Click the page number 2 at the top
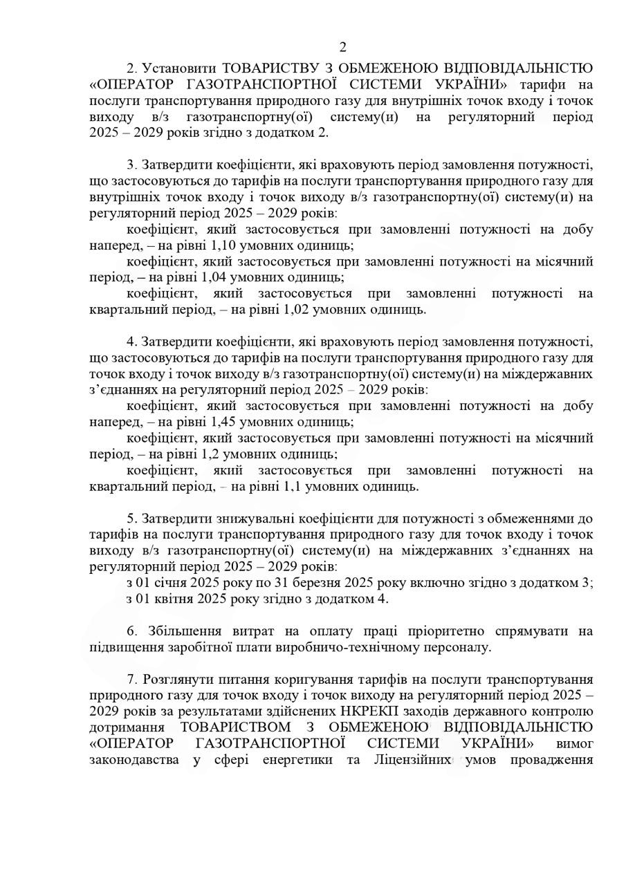pyautogui.click(x=343, y=47)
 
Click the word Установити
pyautogui.click(x=176, y=68)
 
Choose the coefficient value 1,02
pyautogui.click(x=296, y=309)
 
